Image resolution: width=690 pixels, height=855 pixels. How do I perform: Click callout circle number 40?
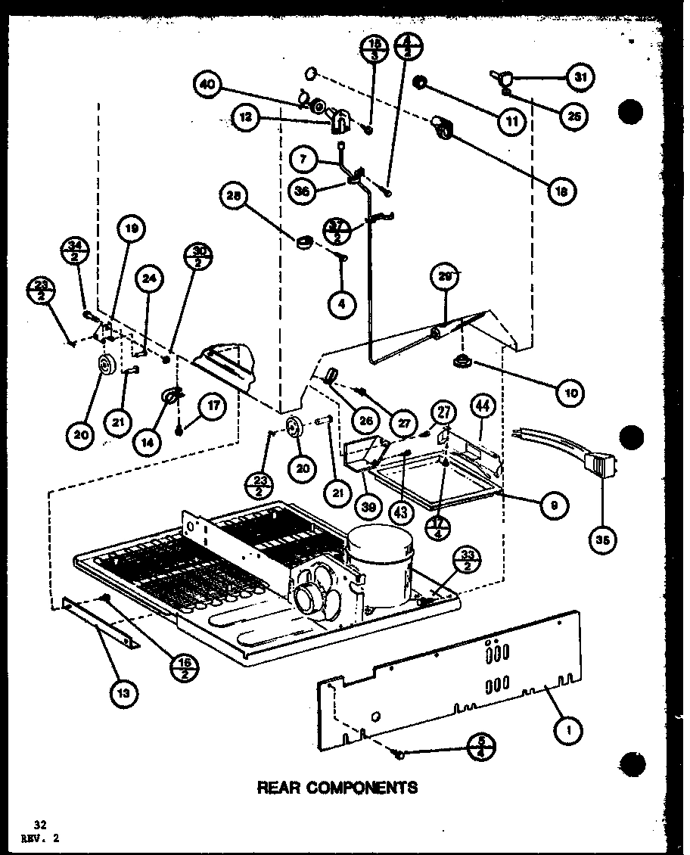(207, 85)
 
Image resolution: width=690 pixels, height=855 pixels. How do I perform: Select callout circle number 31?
(580, 77)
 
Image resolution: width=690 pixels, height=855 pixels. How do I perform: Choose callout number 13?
(123, 694)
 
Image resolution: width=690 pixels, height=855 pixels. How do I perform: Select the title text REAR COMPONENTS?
(337, 788)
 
